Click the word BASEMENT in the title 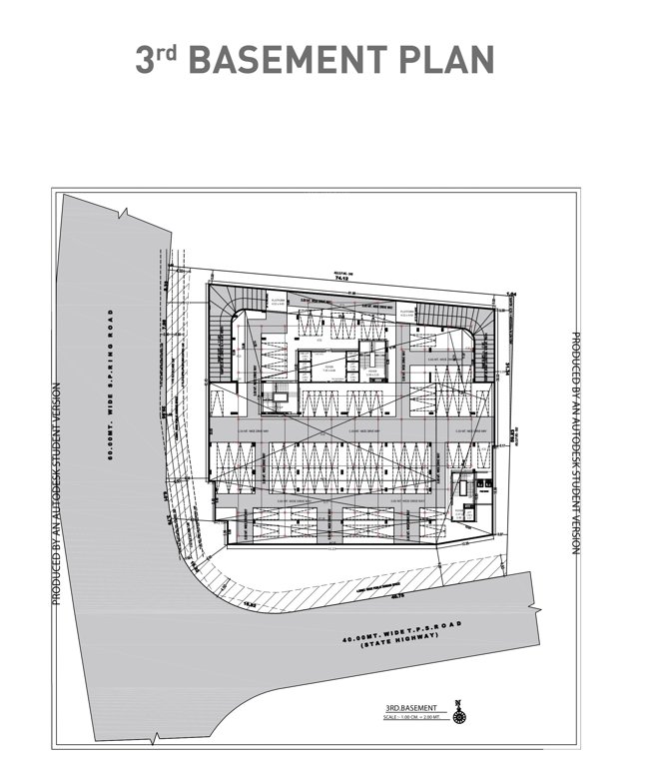(292, 60)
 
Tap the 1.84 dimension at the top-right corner (509, 293)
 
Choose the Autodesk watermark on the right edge (576, 450)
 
